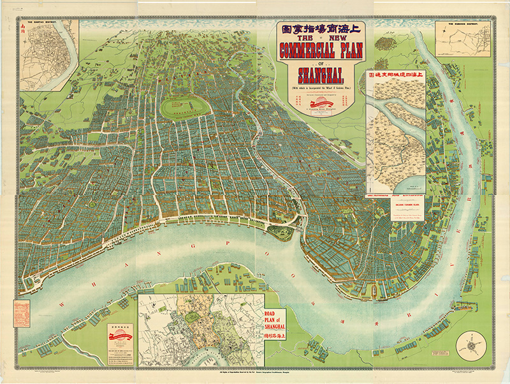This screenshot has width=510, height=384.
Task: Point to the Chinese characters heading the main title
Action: click(x=320, y=29)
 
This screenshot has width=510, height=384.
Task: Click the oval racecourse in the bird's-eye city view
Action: click(x=185, y=107)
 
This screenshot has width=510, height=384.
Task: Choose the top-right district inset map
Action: click(x=463, y=40)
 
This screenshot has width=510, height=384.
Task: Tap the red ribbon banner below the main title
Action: click(x=321, y=105)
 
